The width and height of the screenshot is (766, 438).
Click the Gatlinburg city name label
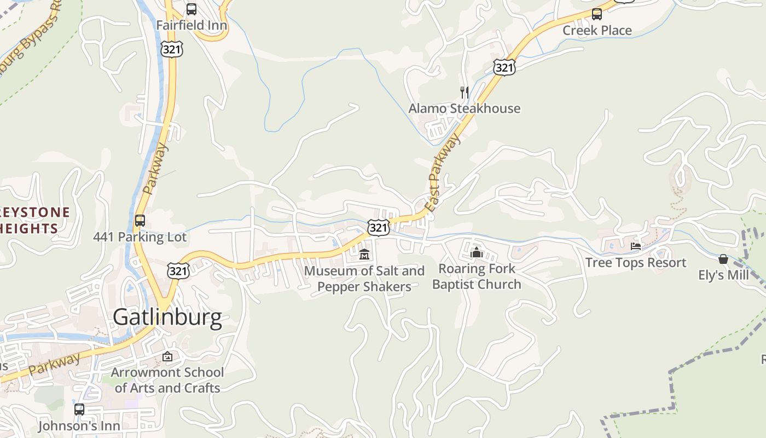click(x=167, y=318)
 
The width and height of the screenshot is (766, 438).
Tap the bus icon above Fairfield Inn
click(x=191, y=9)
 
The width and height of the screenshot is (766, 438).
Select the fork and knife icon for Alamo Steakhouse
click(x=465, y=92)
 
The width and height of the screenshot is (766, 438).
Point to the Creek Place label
click(x=597, y=30)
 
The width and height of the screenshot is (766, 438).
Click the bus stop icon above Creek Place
click(x=597, y=14)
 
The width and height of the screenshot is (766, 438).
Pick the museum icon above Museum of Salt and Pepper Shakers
click(x=364, y=255)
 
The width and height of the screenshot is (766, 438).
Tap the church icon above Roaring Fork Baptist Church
click(x=477, y=252)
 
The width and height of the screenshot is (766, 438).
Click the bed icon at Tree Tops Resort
click(x=636, y=246)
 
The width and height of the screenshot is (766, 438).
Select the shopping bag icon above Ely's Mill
click(x=723, y=259)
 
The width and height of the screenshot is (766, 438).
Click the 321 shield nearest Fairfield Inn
click(x=172, y=49)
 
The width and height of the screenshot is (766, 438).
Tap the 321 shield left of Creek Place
click(x=503, y=67)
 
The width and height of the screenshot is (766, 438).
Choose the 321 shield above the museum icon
click(x=378, y=227)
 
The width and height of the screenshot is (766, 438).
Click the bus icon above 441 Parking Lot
click(x=140, y=221)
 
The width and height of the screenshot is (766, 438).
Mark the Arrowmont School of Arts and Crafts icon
click(x=167, y=357)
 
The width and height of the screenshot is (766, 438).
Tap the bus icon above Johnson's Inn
click(x=79, y=409)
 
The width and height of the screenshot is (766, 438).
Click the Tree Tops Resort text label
click(x=635, y=262)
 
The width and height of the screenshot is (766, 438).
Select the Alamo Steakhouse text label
click(x=465, y=108)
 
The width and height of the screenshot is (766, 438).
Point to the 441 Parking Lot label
click(x=140, y=237)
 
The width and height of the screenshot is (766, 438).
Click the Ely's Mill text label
click(x=723, y=275)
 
